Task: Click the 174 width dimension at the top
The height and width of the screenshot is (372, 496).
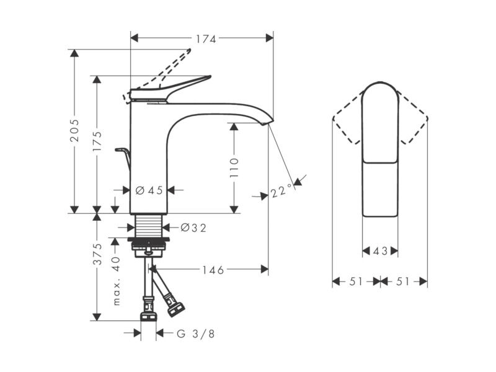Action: [x=206, y=39]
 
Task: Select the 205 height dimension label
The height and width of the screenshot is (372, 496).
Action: [x=74, y=130]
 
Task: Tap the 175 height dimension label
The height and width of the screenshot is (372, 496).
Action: [x=97, y=141]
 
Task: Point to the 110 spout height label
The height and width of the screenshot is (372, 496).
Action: [x=234, y=167]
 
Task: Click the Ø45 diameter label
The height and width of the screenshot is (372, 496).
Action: [x=149, y=190]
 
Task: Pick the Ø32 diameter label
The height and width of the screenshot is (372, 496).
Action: [x=193, y=228]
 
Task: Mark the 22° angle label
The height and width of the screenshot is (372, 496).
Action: [x=281, y=191]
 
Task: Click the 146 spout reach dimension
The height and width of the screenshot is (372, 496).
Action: [x=213, y=270]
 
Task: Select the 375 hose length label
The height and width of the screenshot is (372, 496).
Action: [x=97, y=254]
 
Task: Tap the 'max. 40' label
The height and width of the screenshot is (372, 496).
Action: [x=117, y=281]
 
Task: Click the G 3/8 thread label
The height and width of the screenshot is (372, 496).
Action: [x=196, y=334]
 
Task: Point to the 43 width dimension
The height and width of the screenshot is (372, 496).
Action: [x=380, y=251]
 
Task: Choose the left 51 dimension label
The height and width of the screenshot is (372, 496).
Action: [x=356, y=281]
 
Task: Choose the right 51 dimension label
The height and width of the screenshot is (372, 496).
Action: [x=403, y=281]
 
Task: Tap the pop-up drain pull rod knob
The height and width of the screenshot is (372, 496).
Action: [x=120, y=149]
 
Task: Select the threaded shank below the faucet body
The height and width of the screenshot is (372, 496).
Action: [x=149, y=225]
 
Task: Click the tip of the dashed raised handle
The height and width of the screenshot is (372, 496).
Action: [x=190, y=50]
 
